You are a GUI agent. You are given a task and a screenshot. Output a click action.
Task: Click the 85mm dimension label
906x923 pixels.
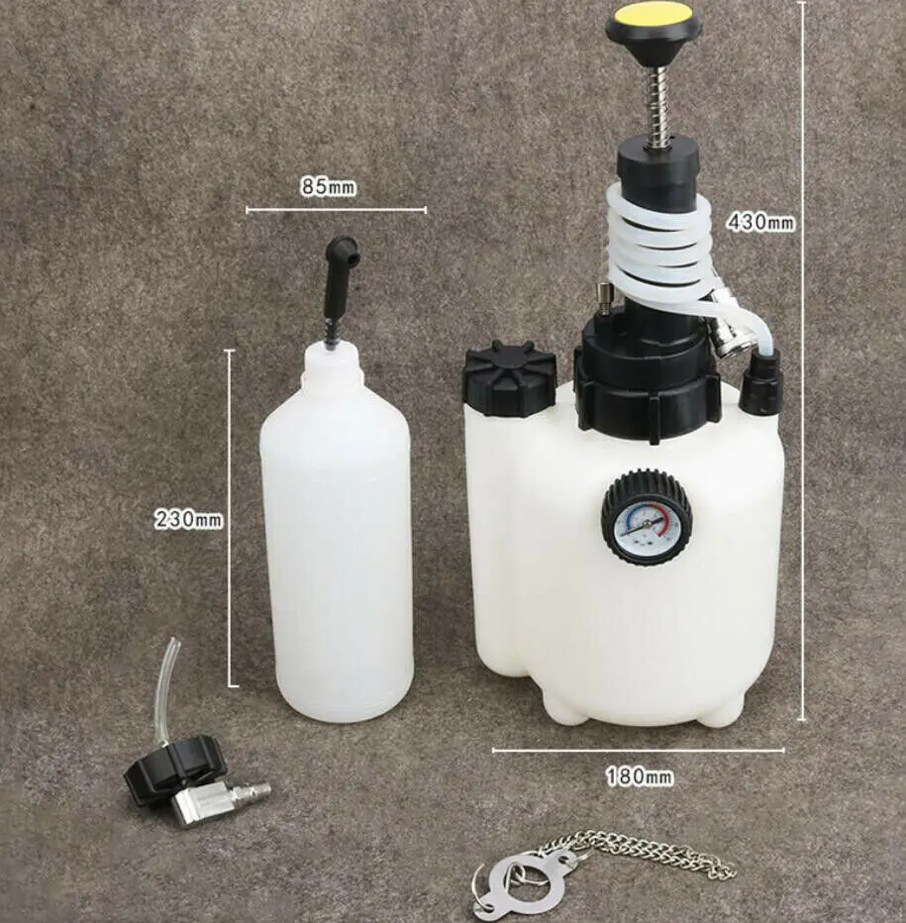329,186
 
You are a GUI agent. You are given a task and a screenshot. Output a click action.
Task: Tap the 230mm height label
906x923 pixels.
188,519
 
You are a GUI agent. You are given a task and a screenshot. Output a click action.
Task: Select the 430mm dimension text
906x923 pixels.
760,222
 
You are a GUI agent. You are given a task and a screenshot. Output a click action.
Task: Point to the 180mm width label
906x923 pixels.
640,777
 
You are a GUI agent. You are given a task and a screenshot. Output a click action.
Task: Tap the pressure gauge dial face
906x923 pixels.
646,518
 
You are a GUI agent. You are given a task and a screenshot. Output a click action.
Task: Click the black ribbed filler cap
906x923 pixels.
510,380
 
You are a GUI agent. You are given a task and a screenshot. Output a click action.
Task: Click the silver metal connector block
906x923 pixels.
200,803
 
